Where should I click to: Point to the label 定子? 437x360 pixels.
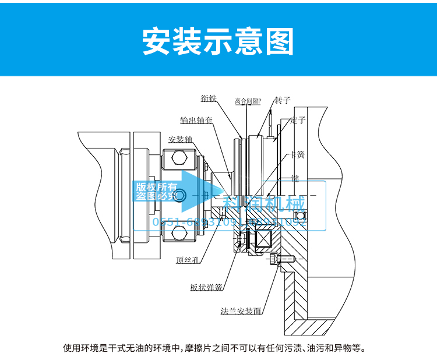298,120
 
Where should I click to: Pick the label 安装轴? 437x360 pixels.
180,139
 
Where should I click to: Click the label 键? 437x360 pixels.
295,178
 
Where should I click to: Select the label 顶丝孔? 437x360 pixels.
188,260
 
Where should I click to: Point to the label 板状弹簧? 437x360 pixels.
206,287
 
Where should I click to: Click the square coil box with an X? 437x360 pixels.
258,241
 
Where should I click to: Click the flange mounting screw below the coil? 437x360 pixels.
284,259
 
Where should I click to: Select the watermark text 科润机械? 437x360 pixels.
269,204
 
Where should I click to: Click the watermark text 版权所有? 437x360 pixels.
156,187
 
